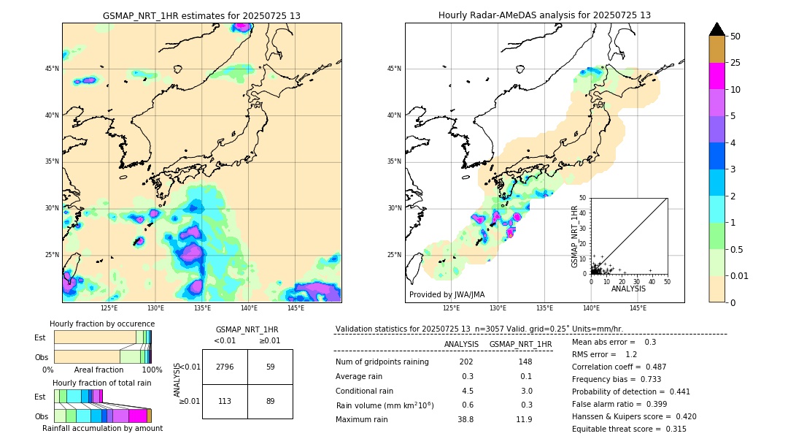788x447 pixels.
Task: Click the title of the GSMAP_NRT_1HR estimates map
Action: click(201, 15)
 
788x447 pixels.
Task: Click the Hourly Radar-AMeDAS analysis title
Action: click(544, 15)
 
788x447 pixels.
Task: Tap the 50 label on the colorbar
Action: click(735, 37)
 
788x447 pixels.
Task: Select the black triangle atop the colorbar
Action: click(717, 29)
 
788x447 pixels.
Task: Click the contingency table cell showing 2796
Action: click(225, 367)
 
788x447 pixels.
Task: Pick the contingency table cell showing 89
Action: click(270, 400)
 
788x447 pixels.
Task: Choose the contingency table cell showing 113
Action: click(225, 400)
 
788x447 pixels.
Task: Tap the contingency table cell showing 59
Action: click(270, 367)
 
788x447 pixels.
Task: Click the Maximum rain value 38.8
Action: click(466, 419)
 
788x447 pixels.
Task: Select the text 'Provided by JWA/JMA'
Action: click(447, 294)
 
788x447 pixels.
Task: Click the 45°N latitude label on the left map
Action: click(52, 69)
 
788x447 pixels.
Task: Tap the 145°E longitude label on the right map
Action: click(638, 308)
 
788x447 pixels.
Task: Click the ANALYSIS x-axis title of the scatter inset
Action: click(628, 289)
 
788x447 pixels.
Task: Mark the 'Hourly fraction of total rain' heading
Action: click(102, 383)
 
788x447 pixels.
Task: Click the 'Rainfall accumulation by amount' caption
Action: click(102, 428)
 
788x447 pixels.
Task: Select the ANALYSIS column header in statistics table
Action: click(461, 344)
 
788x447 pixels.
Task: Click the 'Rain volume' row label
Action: click(385, 405)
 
